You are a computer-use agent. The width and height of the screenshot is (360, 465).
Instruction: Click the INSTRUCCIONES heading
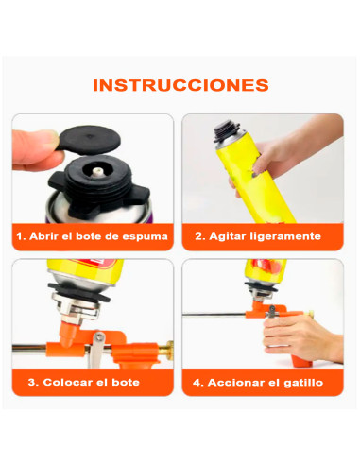coord(180,85)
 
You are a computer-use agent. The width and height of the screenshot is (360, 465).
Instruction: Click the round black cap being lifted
coord(89,141)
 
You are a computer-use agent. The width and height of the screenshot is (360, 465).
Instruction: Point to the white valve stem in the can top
coord(96,171)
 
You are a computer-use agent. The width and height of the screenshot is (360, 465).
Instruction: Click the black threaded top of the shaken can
coord(226,131)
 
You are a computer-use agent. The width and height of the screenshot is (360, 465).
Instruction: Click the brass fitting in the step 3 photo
coord(167,350)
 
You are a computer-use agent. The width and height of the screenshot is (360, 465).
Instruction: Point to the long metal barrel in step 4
coord(214,314)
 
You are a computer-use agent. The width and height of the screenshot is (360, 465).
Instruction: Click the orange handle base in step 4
coord(301,361)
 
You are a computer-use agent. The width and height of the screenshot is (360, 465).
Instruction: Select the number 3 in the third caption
coord(32,383)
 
